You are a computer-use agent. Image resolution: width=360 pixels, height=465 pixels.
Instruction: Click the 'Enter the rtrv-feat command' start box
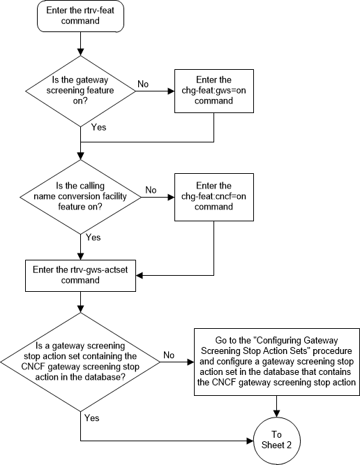coord(82,20)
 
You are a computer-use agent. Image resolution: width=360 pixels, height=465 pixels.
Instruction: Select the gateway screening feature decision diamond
coord(82,91)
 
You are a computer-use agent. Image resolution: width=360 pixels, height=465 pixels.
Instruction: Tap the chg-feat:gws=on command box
coord(211,91)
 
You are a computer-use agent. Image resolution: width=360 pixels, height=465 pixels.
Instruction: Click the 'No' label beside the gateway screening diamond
coord(143,84)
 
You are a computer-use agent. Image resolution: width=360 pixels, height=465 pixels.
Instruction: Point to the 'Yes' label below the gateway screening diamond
coord(98,128)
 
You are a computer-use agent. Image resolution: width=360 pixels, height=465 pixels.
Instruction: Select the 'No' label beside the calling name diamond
coord(149,189)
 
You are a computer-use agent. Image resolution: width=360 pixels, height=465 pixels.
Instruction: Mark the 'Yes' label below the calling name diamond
coord(93,237)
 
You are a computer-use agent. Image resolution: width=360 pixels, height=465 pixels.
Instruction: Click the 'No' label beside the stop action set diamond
coord(169,355)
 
